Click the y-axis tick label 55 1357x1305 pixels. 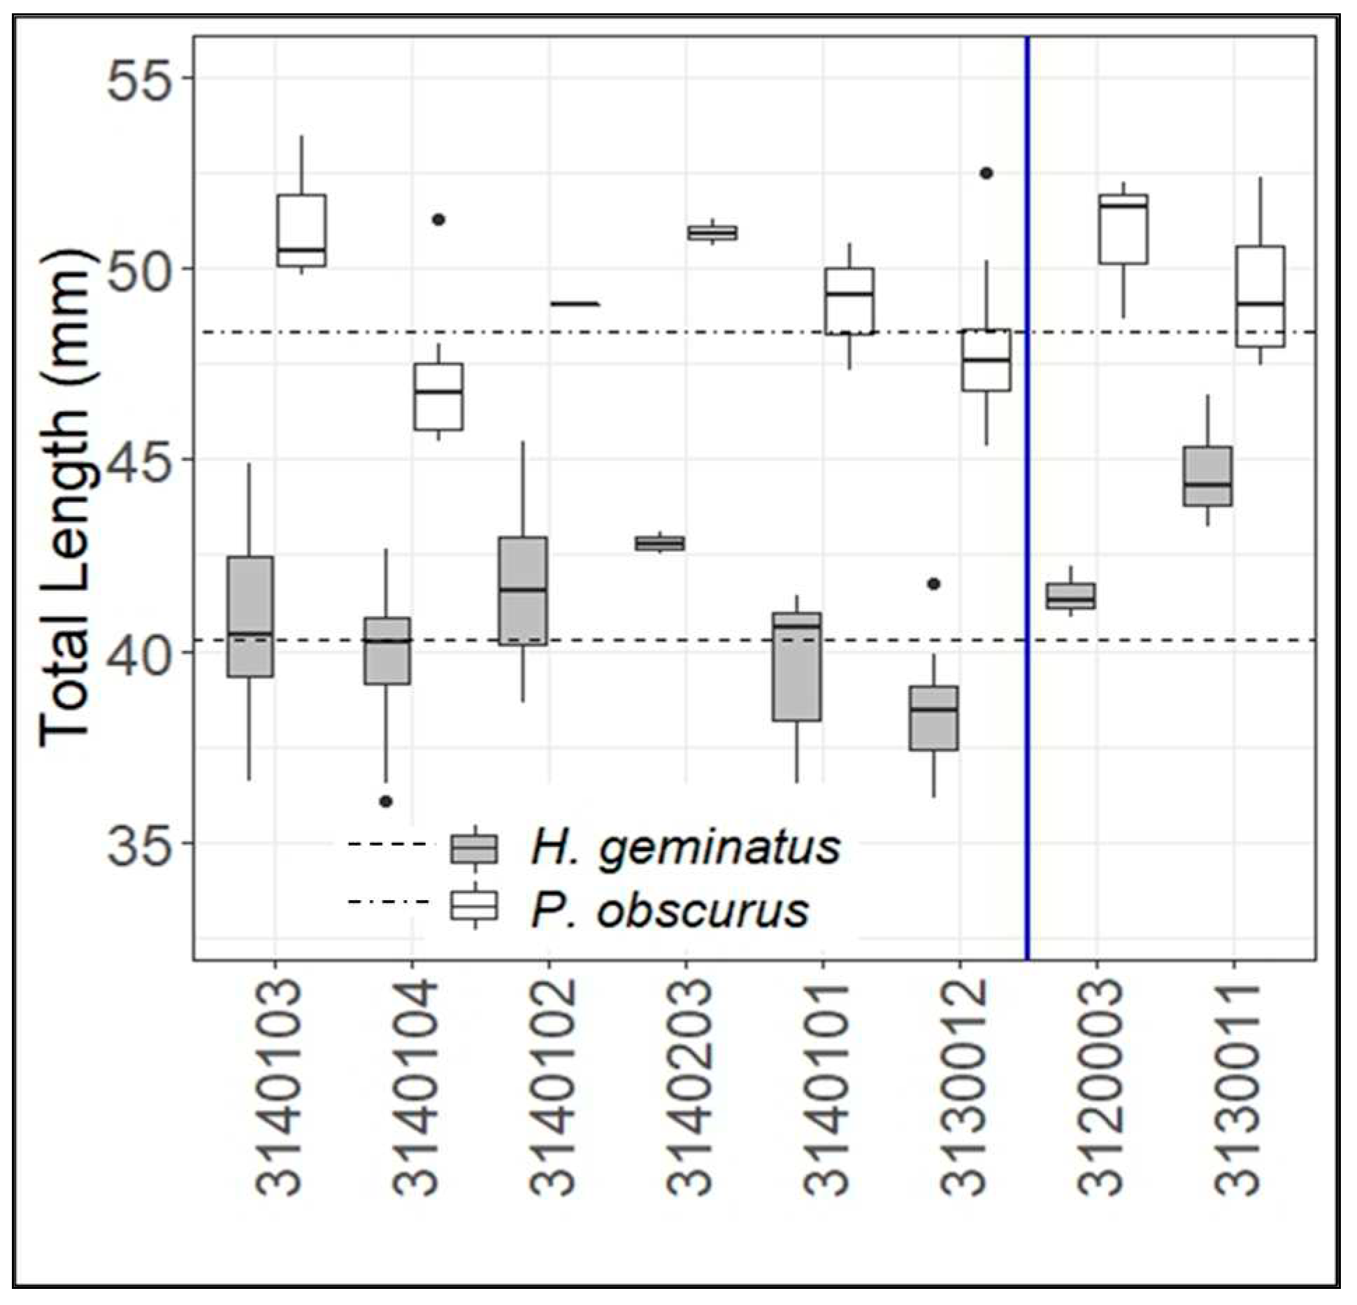[x=139, y=76]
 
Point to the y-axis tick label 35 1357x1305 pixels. [x=139, y=843]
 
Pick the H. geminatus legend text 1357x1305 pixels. [x=686, y=847]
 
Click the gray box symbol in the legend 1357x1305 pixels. [x=474, y=848]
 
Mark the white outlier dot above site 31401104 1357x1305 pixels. [x=438, y=220]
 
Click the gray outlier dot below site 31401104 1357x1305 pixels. [x=386, y=801]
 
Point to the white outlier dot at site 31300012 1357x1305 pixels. [x=986, y=173]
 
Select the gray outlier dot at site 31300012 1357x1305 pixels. [x=934, y=584]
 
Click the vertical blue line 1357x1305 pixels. [x=1028, y=490]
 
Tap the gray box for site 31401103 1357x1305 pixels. [x=250, y=616]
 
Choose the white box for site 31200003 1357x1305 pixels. [x=1123, y=229]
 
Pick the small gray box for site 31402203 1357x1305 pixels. [x=659, y=543]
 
